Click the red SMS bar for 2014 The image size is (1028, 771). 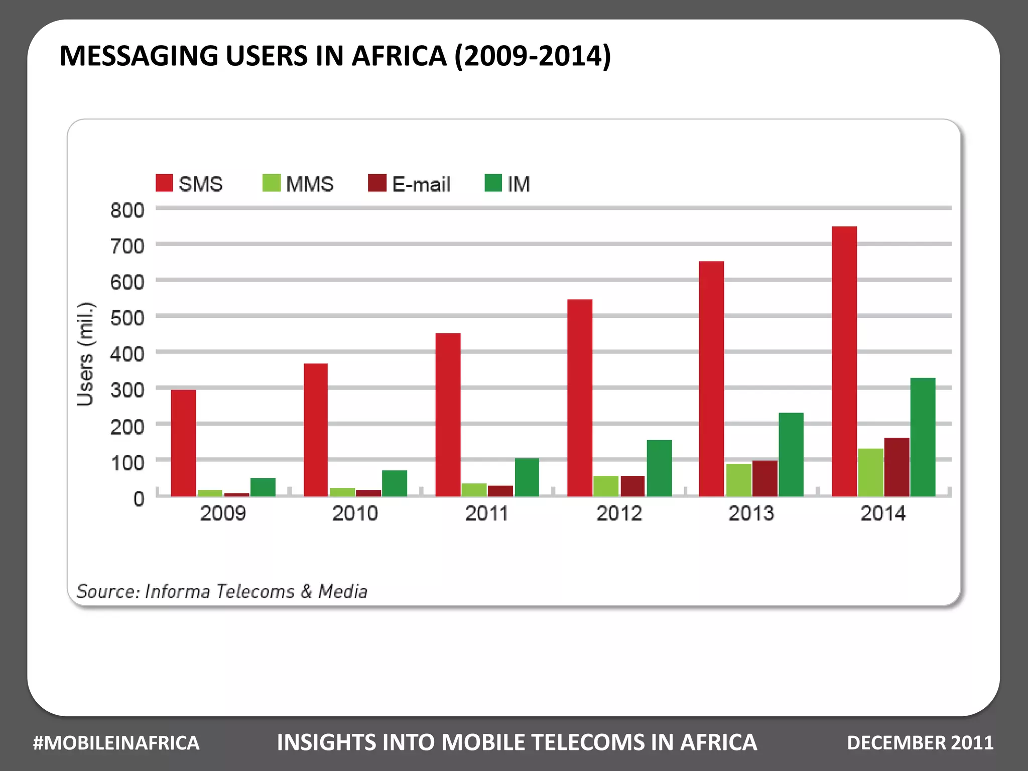844,361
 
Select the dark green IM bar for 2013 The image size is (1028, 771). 791,454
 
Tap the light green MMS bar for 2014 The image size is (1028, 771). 870,472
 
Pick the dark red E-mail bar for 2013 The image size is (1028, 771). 764,478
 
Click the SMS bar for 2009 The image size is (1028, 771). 183,443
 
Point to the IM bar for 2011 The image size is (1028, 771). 527,477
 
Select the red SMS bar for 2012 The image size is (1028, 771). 580,398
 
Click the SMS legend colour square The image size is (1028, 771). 164,183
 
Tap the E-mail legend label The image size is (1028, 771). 421,184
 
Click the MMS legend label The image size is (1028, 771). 309,184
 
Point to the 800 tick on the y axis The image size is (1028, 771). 127,210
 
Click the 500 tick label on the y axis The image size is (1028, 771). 127,318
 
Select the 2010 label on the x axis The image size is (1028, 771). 355,513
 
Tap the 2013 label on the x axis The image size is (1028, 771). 751,513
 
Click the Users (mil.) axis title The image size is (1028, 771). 85,354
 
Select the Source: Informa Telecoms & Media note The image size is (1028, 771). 222,591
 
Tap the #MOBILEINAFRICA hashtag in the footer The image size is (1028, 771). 116,743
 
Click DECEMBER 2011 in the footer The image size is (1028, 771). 920,743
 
